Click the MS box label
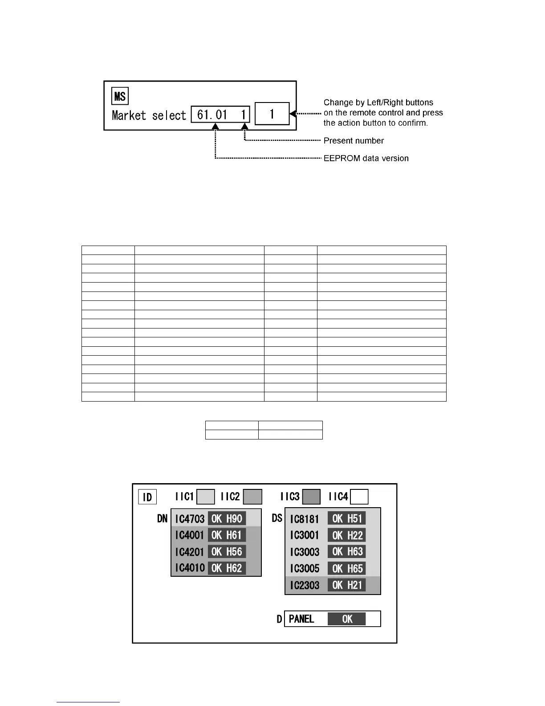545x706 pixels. tap(120, 96)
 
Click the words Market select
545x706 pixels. tap(149, 116)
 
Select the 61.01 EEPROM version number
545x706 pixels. tap(212, 115)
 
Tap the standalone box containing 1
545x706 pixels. tap(272, 115)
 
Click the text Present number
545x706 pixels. tap(354, 141)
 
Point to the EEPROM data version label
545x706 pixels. tap(366, 158)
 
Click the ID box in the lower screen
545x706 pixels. tap(147, 497)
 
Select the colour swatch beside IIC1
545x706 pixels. tap(206, 497)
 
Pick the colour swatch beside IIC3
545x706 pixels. tap(311, 497)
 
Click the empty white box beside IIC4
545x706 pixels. tap(359, 497)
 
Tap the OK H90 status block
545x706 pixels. tap(227, 518)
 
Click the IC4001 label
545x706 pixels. tap(190, 535)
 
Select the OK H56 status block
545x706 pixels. tap(227, 552)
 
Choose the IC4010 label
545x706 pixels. tap(190, 568)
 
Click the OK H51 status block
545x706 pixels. tap(347, 518)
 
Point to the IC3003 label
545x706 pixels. tap(305, 552)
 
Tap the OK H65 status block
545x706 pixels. tap(347, 568)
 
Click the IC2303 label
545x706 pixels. tap(305, 585)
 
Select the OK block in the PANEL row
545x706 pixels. tap(347, 619)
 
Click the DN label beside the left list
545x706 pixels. tap(163, 518)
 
